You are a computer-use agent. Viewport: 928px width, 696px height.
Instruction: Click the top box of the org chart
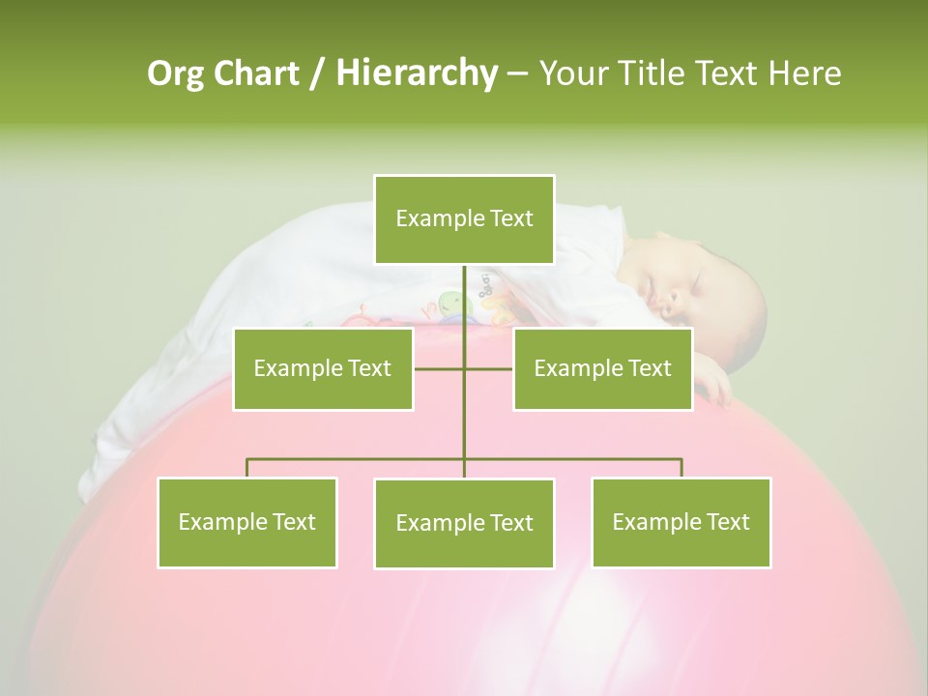[x=464, y=219]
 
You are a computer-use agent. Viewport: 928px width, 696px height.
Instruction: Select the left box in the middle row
[x=323, y=368]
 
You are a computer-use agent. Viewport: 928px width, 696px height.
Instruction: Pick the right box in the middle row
[x=602, y=368]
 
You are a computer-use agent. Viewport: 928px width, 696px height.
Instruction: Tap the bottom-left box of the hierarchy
[x=247, y=522]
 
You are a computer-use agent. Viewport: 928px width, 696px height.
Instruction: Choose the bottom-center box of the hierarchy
[x=464, y=523]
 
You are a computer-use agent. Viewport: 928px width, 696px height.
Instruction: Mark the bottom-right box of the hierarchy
[x=681, y=522]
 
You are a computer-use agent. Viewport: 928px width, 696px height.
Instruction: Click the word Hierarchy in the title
[x=417, y=73]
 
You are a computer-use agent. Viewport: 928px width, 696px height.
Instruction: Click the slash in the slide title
[x=317, y=73]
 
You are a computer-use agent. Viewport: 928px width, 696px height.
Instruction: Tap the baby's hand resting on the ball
[x=714, y=388]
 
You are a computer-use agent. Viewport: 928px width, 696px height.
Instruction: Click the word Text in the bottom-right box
[x=728, y=522]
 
